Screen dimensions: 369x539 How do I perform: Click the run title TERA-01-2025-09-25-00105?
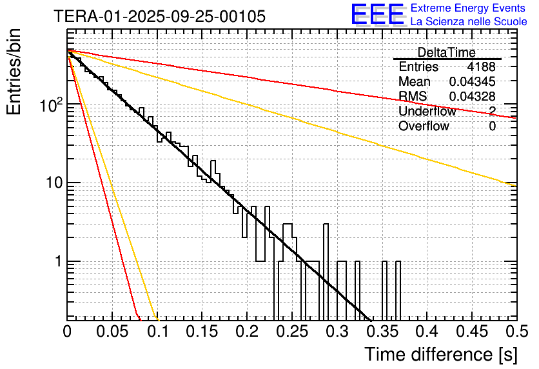pyautogui.click(x=159, y=17)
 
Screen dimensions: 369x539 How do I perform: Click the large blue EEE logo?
pyautogui.click(x=377, y=15)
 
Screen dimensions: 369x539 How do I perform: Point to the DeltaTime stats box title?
pyautogui.click(x=446, y=52)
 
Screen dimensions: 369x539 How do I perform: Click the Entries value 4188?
pyautogui.click(x=482, y=67)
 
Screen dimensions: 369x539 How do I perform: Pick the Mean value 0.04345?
pyautogui.click(x=472, y=82)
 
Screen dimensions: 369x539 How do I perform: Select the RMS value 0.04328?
pyautogui.click(x=472, y=97)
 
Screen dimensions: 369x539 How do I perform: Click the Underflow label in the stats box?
pyautogui.click(x=427, y=112)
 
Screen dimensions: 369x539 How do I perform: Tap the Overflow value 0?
pyautogui.click(x=492, y=126)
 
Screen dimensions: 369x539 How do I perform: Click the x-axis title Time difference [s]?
pyautogui.click(x=440, y=354)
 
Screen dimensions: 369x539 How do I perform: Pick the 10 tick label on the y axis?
pyautogui.click(x=54, y=183)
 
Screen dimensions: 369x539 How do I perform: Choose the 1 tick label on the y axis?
pyautogui.click(x=58, y=262)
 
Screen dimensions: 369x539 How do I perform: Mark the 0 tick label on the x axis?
pyautogui.click(x=67, y=333)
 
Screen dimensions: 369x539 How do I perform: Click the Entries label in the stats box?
pyautogui.click(x=418, y=67)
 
